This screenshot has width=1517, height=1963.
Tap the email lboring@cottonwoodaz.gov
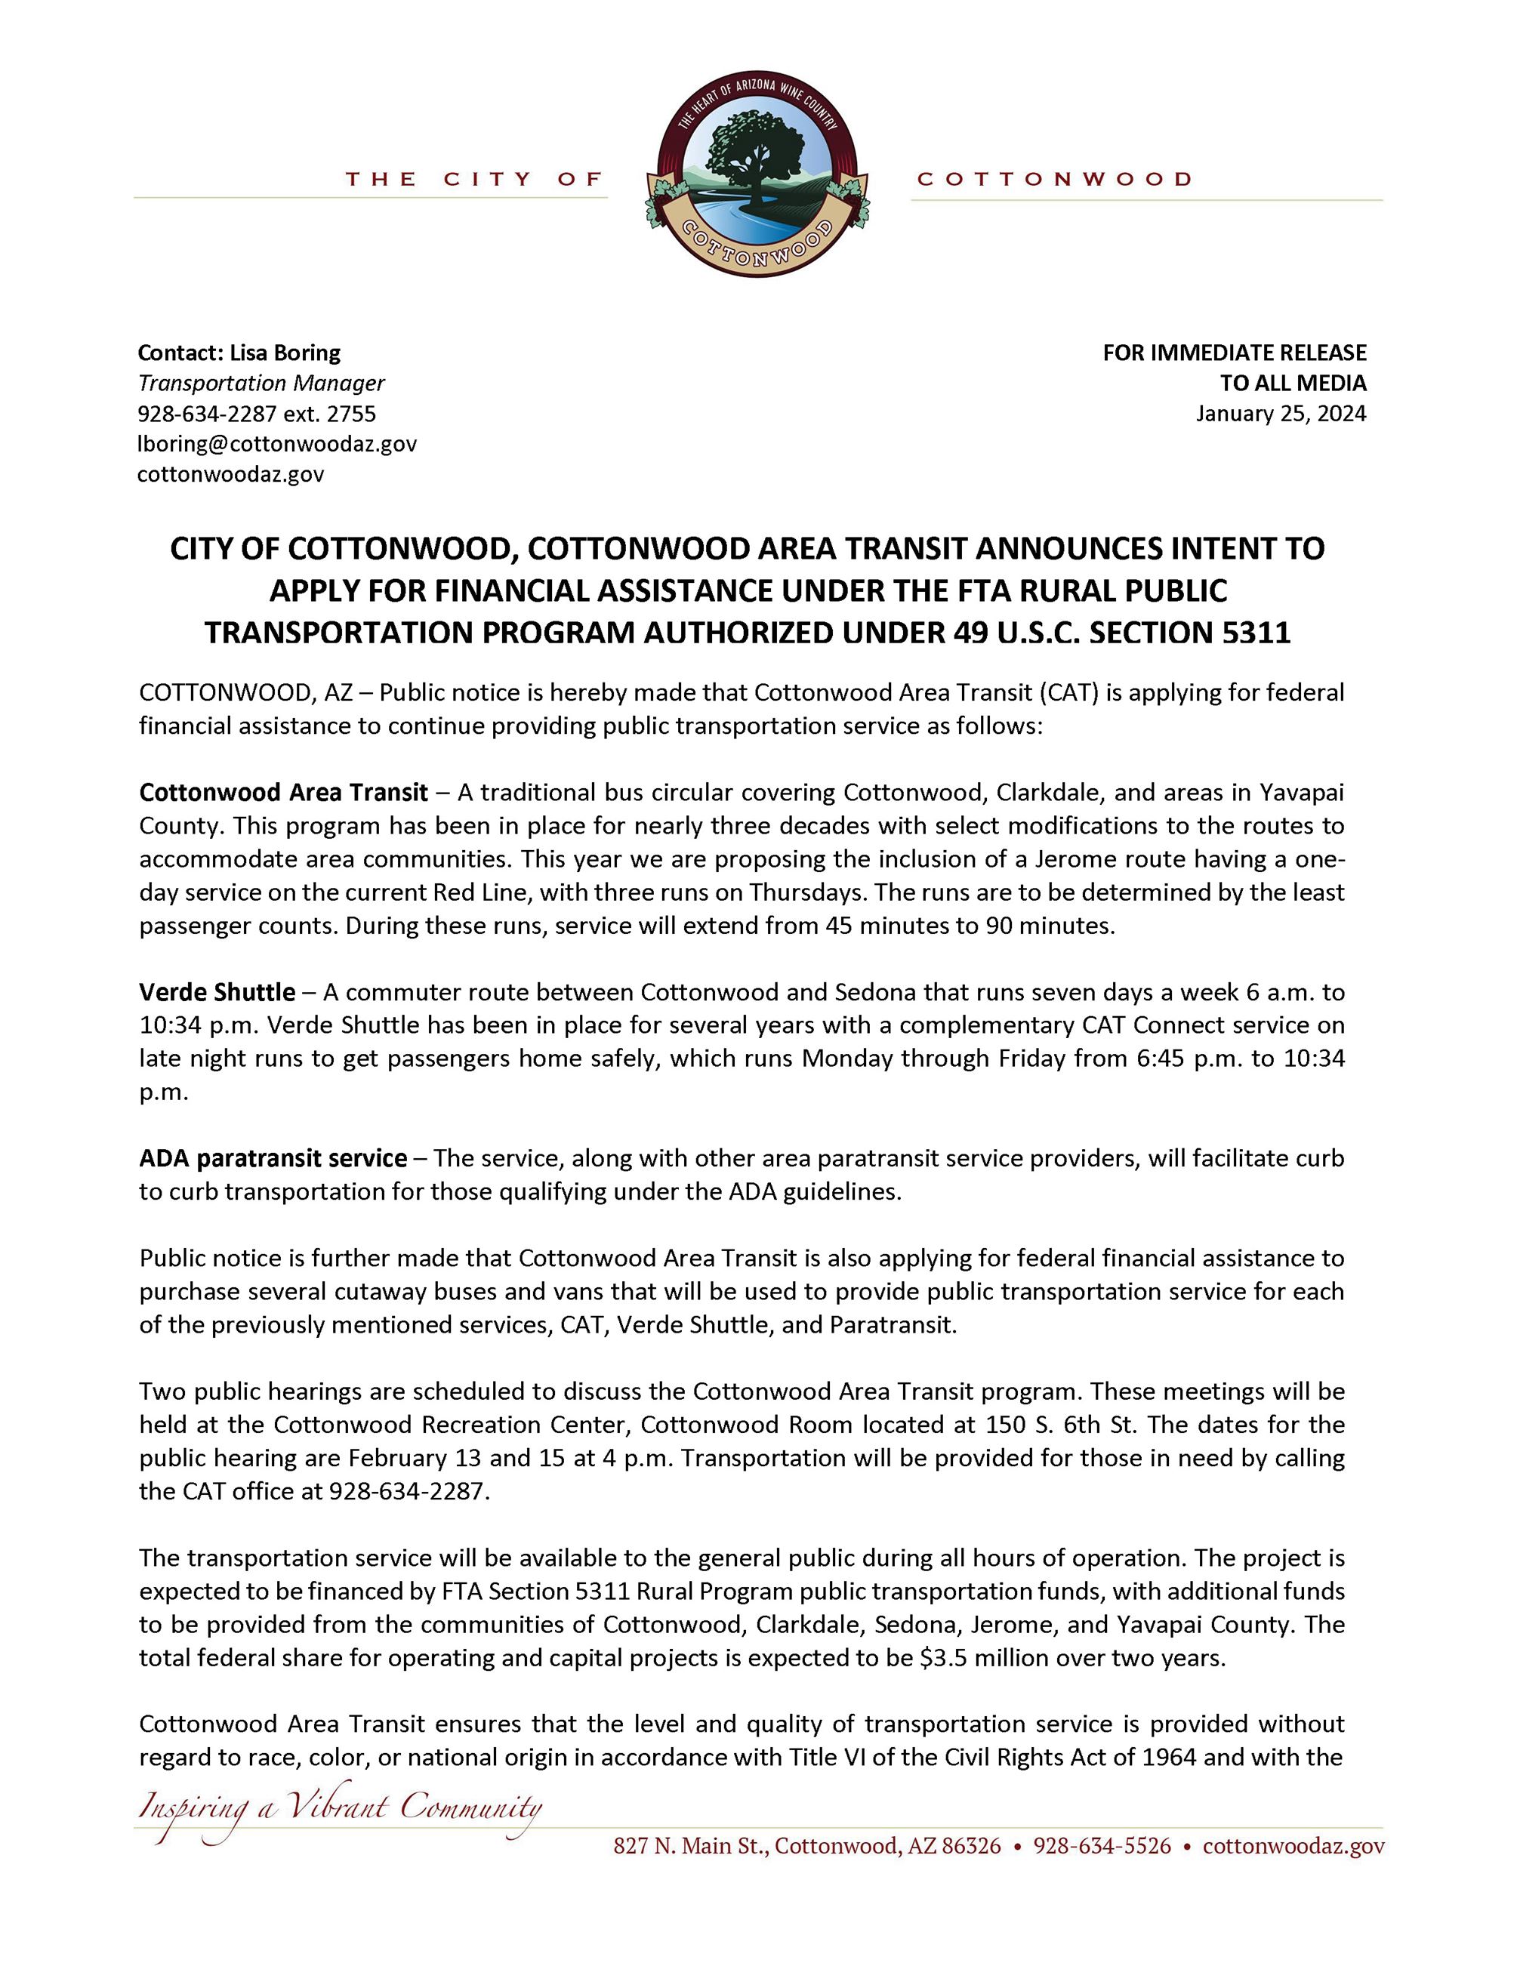point(277,444)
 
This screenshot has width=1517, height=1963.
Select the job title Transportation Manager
point(261,383)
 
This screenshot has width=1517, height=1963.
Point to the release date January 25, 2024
point(1281,414)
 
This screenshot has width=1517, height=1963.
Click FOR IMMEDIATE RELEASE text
point(1234,353)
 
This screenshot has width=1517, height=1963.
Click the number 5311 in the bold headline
point(1256,633)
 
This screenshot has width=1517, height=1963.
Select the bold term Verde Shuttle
point(217,992)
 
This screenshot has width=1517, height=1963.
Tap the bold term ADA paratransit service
point(273,1159)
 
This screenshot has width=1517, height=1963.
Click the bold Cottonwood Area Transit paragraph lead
point(283,793)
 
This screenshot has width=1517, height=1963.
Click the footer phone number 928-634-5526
point(1102,1846)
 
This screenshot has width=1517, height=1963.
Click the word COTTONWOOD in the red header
point(1054,179)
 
